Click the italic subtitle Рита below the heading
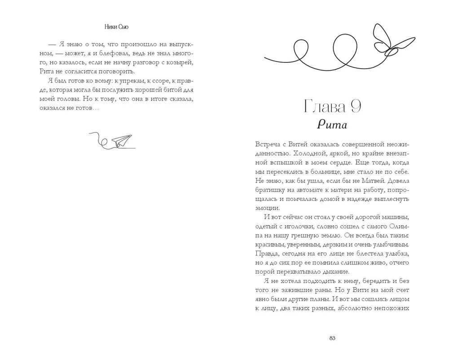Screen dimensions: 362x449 (x=332, y=125)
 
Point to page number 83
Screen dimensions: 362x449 (x=332, y=338)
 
